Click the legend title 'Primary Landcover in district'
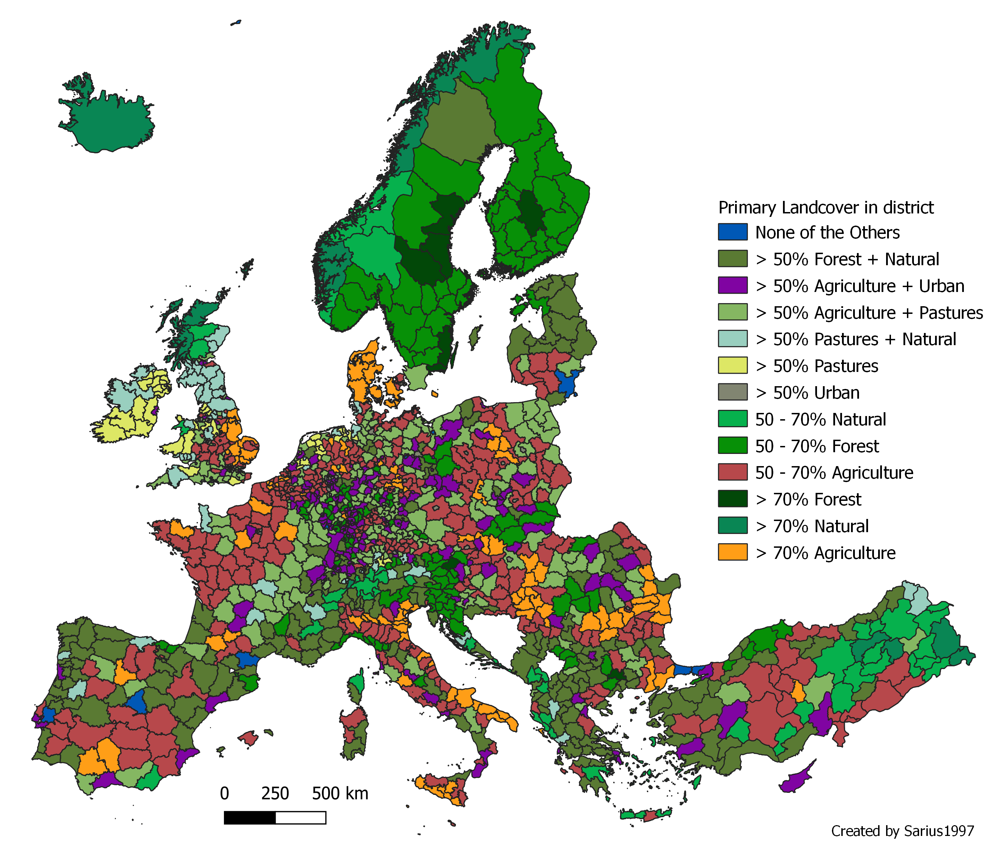tap(825, 207)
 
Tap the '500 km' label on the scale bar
tap(340, 793)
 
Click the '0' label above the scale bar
tap(224, 793)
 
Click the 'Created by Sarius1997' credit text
tap(902, 831)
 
